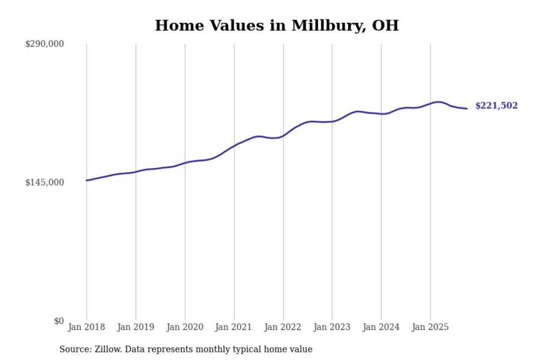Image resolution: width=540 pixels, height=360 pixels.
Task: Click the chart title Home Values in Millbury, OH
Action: pos(277,25)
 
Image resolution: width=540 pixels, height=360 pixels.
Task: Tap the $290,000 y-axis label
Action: pos(44,44)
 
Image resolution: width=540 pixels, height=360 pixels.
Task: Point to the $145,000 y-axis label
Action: pos(44,182)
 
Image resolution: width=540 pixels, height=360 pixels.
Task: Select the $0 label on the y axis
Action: pos(59,321)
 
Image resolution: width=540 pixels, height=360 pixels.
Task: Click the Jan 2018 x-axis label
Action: pos(86,327)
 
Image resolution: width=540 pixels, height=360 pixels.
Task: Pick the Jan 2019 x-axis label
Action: pos(135,327)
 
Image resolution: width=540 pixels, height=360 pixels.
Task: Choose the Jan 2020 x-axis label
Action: pos(184,327)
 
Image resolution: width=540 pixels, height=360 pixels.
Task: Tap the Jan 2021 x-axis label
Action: pos(233,327)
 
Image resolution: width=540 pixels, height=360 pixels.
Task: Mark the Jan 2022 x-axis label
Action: pos(282,327)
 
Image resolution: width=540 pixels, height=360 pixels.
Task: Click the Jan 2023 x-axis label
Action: pos(331,327)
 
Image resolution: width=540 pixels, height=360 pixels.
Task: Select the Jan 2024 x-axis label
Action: pos(381,327)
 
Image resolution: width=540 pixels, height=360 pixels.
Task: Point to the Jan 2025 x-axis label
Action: pos(430,327)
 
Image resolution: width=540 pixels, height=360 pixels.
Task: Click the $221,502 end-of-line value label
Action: pos(496,106)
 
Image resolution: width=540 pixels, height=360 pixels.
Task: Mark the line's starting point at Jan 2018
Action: pos(87,180)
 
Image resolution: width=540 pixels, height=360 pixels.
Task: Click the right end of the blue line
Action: pos(467,109)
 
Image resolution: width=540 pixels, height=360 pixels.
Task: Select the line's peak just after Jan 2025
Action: pos(438,102)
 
